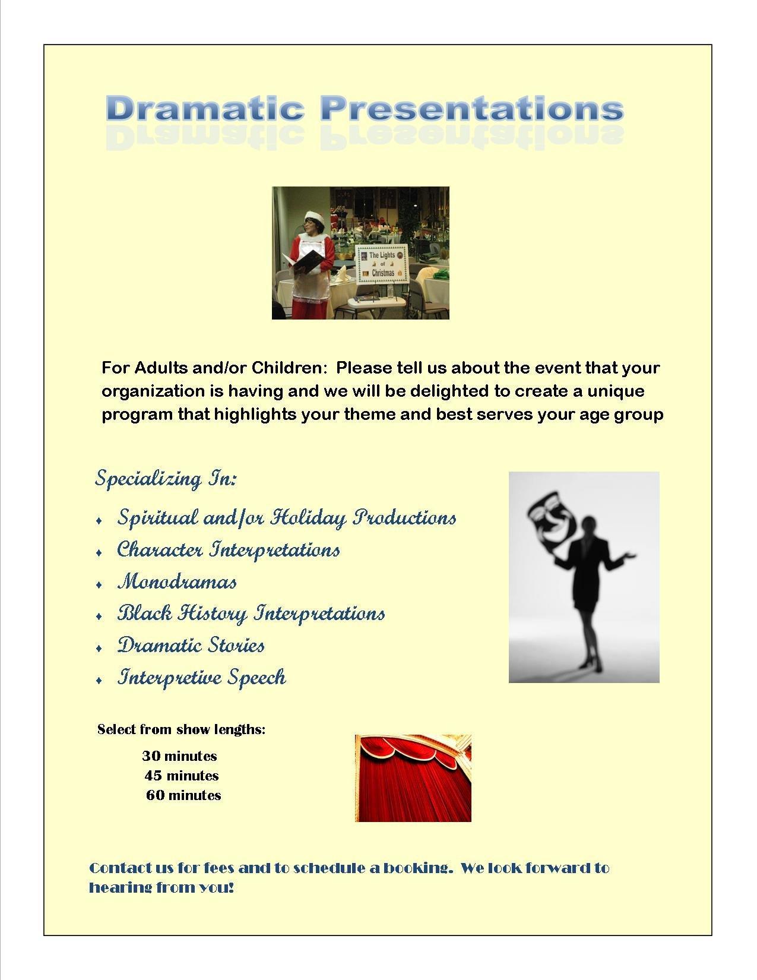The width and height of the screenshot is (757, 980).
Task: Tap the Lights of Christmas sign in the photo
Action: click(382, 264)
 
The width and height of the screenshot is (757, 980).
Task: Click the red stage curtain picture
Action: click(413, 778)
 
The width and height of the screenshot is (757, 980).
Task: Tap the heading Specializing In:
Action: click(166, 479)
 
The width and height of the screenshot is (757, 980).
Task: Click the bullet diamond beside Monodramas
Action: click(99, 584)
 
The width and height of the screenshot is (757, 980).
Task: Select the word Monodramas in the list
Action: click(177, 582)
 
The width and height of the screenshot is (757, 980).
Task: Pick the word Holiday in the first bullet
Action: click(308, 518)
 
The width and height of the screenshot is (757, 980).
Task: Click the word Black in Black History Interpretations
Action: click(145, 614)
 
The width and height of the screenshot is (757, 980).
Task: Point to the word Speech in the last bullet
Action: click(256, 677)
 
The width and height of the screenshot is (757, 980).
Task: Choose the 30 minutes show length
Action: click(179, 756)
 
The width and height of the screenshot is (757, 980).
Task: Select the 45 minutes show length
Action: click(182, 776)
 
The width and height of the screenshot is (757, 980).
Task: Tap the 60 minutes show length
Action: click(183, 795)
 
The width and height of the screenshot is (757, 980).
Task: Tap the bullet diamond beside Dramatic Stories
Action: click(99, 649)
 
